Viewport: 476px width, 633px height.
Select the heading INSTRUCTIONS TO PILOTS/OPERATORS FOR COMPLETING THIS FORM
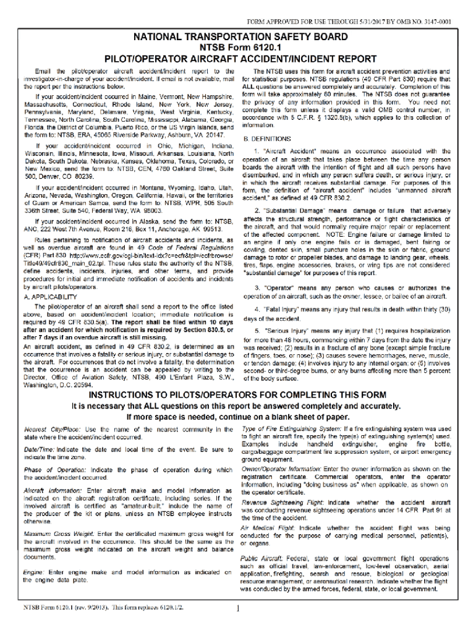click(x=238, y=396)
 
